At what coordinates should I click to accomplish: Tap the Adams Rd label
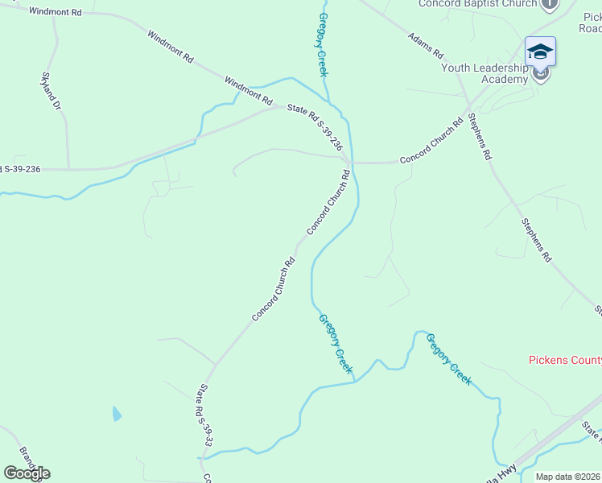[x=426, y=45]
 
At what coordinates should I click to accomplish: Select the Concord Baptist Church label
[x=477, y=4]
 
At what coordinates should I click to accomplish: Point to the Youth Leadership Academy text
[x=484, y=73]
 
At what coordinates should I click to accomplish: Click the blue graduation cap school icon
[x=540, y=52]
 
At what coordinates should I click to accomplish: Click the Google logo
[x=27, y=473]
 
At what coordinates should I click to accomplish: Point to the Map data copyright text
[x=568, y=476]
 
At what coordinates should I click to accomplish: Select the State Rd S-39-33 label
[x=205, y=415]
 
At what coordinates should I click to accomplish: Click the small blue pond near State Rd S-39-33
[x=117, y=415]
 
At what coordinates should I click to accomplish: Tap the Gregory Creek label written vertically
[x=324, y=44]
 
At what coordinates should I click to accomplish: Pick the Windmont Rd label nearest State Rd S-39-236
[x=249, y=91]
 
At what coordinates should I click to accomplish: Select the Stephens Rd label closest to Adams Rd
[x=480, y=137]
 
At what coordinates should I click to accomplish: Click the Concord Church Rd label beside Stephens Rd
[x=431, y=141]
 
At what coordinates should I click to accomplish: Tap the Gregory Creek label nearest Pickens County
[x=448, y=359]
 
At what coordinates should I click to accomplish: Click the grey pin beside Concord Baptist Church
[x=550, y=4]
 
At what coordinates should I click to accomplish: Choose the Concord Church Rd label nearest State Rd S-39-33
[x=274, y=289]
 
